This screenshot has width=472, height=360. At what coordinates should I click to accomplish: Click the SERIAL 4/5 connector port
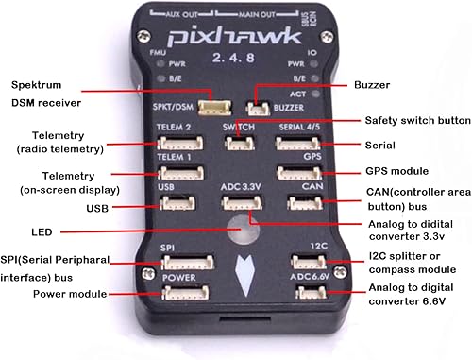[298, 144]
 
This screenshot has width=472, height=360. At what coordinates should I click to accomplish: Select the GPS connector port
[300, 173]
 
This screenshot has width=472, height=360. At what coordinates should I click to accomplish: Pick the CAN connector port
[304, 201]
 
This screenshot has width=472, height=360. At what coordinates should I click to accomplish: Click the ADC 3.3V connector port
[239, 201]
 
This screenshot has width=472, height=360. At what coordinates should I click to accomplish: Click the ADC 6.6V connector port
[308, 292]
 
